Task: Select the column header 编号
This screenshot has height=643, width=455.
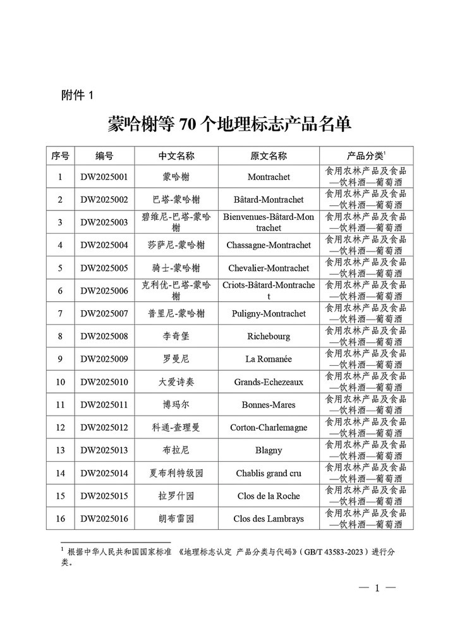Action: (x=104, y=156)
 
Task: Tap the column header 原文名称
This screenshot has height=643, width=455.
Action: (x=269, y=156)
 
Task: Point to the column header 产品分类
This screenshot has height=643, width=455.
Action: (x=366, y=156)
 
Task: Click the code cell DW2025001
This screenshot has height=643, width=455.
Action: (x=104, y=177)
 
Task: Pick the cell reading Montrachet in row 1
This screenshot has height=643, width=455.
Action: (x=269, y=177)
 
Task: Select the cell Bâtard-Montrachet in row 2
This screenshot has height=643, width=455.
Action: (x=269, y=200)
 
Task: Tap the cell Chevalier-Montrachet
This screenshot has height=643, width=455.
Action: (x=269, y=268)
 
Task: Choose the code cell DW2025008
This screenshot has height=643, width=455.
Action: (x=104, y=336)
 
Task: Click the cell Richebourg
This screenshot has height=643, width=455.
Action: (x=269, y=336)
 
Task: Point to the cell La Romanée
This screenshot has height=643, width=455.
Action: (x=269, y=359)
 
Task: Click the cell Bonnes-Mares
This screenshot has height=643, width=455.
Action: (x=269, y=404)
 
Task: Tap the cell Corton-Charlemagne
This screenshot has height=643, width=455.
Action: (x=269, y=428)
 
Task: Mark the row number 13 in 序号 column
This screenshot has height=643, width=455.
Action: (x=60, y=450)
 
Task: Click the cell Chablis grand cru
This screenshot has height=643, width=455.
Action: (x=269, y=473)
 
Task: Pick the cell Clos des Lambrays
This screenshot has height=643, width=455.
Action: (x=269, y=519)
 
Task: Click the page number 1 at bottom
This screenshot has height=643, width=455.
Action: (x=377, y=589)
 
